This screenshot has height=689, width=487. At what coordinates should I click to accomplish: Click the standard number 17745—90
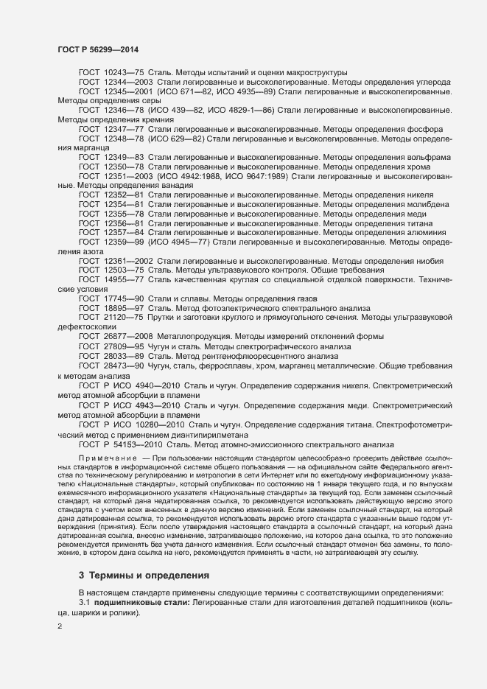[x=124, y=298]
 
